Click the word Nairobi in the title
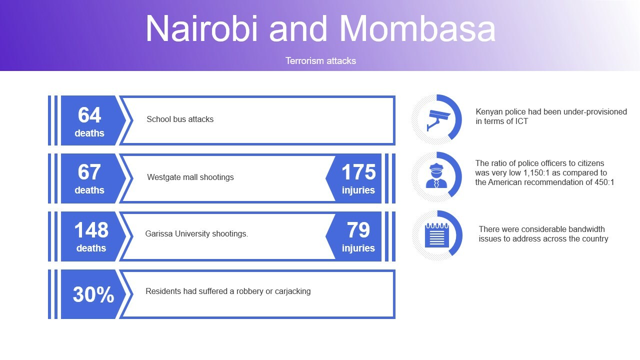tap(202, 28)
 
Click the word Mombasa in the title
tap(417, 28)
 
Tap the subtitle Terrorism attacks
tap(320, 61)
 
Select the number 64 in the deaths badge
tap(89, 115)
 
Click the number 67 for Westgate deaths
tap(89, 172)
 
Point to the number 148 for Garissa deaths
tap(91, 230)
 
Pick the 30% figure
tap(93, 294)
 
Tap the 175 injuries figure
tap(358, 172)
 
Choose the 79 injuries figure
tap(358, 230)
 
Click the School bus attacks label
tap(180, 119)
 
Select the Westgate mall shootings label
tap(190, 177)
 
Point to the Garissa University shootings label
tap(196, 233)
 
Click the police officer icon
tap(436, 175)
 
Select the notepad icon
tap(437, 235)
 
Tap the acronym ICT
tap(521, 121)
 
